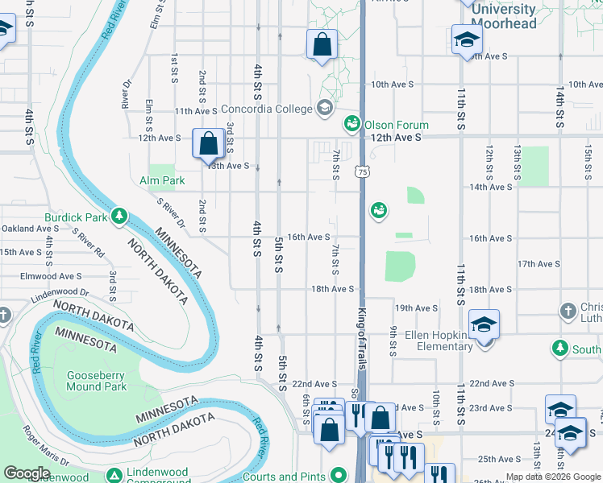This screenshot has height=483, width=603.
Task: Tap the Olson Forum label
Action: pos(397,125)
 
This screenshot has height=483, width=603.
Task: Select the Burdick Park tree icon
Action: pos(119,216)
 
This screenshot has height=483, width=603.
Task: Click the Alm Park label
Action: pos(162,180)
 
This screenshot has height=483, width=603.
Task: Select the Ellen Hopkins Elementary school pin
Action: pos(484,325)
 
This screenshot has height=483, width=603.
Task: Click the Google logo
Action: pos(27,473)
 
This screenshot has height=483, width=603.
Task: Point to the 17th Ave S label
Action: pos(539,264)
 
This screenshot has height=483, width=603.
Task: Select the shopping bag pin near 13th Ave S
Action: pos(208,144)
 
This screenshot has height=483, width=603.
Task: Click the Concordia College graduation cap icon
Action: pos(324,108)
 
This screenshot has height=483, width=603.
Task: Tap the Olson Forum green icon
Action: pos(351,124)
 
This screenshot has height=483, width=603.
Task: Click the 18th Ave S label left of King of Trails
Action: pos(333,289)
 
